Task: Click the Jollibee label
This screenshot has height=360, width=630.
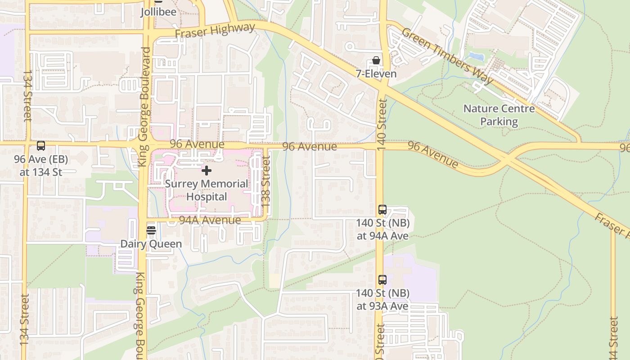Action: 158,11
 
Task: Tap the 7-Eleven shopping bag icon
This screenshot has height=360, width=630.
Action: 376,61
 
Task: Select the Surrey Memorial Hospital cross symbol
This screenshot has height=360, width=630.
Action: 207,171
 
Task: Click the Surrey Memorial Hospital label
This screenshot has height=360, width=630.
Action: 207,190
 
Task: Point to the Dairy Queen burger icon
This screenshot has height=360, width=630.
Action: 151,230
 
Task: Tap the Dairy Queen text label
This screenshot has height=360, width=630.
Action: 151,244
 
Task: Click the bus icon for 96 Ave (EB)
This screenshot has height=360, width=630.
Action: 41,146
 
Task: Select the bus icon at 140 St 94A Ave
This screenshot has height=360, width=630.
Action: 382,210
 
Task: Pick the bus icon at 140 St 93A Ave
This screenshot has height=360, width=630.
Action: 382,280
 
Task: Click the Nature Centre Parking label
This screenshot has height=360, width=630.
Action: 499,115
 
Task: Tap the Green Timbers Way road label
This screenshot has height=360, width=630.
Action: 447,56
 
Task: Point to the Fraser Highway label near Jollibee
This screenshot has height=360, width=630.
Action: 215,31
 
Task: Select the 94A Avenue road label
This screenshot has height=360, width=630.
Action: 210,220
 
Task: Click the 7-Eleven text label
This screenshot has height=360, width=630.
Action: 376,74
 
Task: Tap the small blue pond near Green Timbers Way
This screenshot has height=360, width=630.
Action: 476,57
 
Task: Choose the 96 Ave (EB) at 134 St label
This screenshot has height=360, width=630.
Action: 41,166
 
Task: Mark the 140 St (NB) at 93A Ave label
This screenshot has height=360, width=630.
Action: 382,300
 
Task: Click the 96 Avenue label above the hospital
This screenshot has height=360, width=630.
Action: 197,144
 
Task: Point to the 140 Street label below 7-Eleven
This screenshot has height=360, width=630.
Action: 382,125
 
